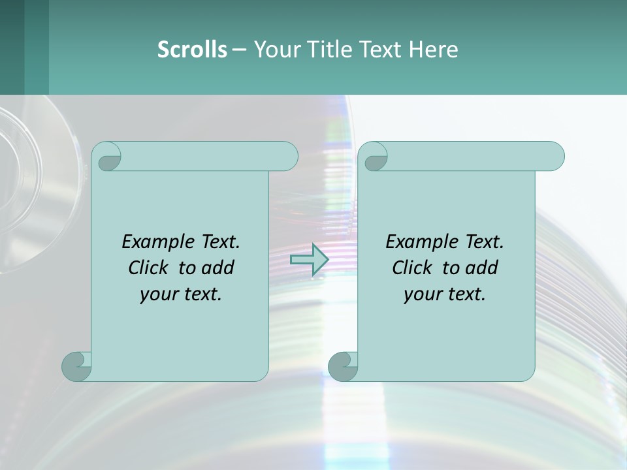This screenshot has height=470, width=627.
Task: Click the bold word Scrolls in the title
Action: pos(192,50)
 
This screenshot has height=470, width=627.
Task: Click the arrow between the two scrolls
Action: pos(309,260)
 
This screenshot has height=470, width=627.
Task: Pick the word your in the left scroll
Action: pos(159,294)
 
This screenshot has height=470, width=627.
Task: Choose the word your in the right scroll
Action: pos(423,294)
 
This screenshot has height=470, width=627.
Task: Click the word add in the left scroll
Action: pos(217,268)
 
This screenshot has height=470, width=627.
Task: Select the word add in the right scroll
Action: pos(481,268)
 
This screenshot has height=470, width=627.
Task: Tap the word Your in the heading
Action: pos(275,50)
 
